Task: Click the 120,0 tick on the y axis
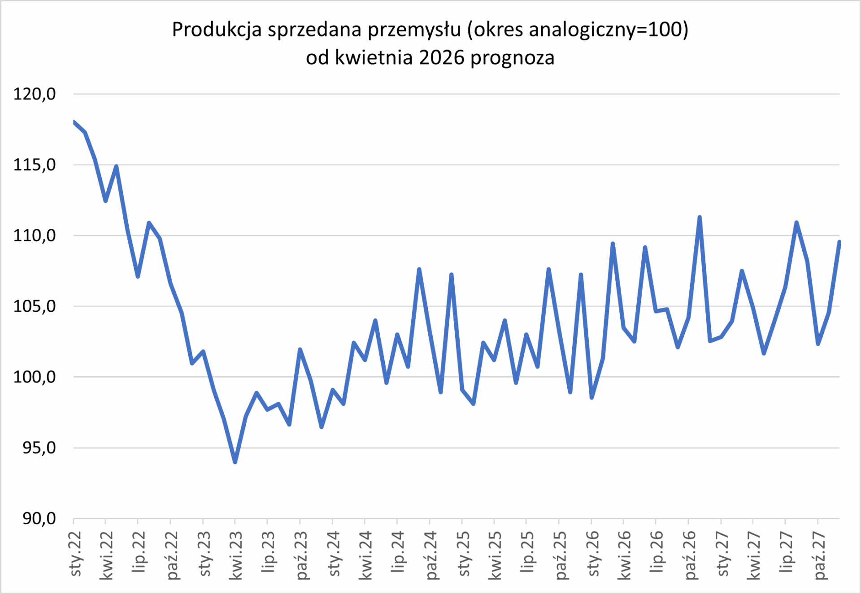35,94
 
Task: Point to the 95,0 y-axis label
39,448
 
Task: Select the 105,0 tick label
35,306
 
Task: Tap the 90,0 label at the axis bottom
39,518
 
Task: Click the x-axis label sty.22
75,554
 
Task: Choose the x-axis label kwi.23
236,555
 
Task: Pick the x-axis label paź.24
430,555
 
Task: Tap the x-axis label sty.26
593,554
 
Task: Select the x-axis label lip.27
786,552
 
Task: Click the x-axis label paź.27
819,555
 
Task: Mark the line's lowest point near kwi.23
235,461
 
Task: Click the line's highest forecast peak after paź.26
700,217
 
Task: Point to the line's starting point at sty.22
74,122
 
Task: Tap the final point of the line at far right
839,242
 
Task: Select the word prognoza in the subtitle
512,57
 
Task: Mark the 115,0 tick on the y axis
35,165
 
